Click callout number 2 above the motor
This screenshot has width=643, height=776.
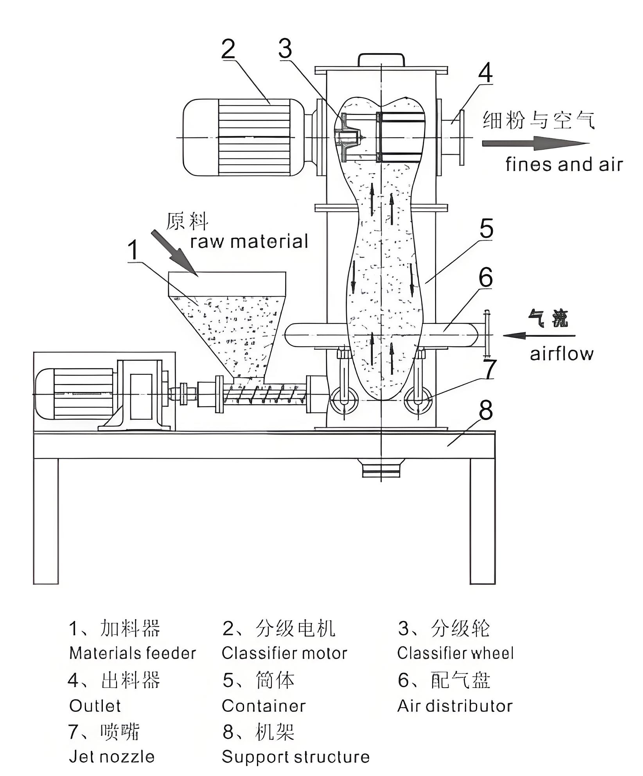click(228, 50)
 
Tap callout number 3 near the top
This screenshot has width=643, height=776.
click(285, 49)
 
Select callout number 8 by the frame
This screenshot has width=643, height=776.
click(485, 411)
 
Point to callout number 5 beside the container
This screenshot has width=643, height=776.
click(486, 229)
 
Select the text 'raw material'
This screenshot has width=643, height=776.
click(249, 241)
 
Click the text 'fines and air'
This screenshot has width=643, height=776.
click(563, 165)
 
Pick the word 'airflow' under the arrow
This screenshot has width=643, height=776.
click(561, 354)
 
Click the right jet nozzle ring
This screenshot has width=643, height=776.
click(417, 401)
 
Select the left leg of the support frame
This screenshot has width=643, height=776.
click(46, 520)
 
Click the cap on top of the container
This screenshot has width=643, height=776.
click(381, 60)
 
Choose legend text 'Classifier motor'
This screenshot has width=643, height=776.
click(284, 654)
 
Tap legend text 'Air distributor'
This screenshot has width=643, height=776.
click(455, 706)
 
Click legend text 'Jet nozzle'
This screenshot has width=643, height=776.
click(112, 757)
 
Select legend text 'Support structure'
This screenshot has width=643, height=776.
click(296, 757)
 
